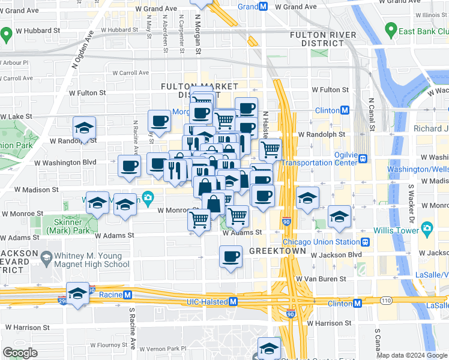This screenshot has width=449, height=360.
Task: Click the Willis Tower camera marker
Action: point(427,228)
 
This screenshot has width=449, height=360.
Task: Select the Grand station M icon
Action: point(263,7)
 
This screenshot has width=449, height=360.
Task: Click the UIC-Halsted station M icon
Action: point(233,302)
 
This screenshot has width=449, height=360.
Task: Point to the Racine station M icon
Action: point(127,295)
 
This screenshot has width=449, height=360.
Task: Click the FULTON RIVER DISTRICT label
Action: point(324,39)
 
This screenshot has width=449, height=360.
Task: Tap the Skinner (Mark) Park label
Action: point(63,226)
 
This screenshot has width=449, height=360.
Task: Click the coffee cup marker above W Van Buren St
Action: point(231,259)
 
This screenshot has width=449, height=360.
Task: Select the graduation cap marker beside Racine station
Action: point(77,294)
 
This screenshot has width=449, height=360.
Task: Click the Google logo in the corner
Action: point(20,353)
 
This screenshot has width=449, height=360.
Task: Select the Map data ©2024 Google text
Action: point(412,356)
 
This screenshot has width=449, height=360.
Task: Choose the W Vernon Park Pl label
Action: point(163,349)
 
